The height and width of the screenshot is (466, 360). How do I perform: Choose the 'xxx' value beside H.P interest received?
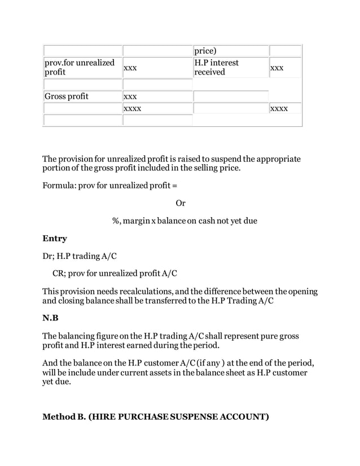(x=276, y=67)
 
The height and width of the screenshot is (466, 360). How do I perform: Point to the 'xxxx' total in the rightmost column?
(x=279, y=108)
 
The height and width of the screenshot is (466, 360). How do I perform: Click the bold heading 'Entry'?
(x=55, y=239)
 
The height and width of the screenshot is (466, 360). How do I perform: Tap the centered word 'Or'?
(x=180, y=203)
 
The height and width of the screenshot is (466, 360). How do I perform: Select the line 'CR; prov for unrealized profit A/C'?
(x=115, y=274)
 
